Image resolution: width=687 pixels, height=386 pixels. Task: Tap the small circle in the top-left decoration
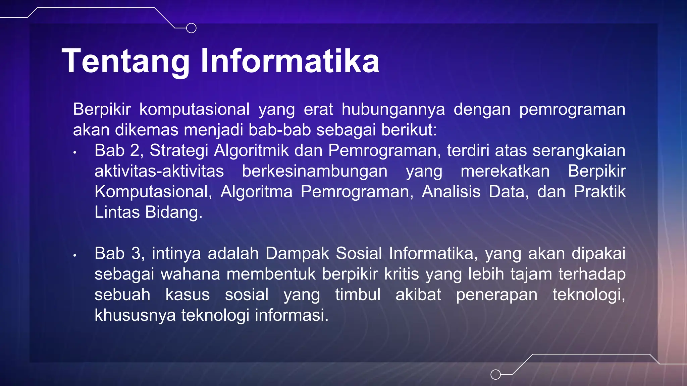(191, 28)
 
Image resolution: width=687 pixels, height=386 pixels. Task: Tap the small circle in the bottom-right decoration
(495, 374)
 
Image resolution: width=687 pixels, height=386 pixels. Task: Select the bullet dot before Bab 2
(75, 153)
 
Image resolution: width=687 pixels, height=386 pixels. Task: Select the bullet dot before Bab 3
(75, 256)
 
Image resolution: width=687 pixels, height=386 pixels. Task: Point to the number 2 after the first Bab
(135, 150)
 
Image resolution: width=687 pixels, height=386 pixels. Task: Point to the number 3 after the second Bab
(136, 253)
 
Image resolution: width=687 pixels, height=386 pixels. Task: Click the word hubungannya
(393, 110)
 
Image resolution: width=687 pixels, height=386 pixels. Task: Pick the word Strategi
(179, 150)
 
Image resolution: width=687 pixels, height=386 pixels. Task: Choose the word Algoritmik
(251, 150)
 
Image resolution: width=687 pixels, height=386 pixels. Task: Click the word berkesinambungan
(315, 171)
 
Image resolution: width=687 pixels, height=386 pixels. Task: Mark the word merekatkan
(505, 171)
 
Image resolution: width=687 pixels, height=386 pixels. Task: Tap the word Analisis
(451, 192)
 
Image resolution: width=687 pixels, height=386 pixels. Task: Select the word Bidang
(174, 212)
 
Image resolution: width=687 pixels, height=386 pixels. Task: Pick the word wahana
(190, 274)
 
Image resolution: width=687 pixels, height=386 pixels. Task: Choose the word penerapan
(496, 295)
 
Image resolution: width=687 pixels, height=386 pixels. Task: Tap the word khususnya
(135, 315)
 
